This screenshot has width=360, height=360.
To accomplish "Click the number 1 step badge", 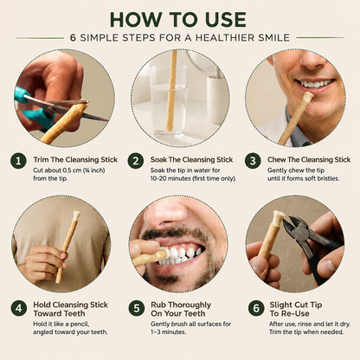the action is point(19,161).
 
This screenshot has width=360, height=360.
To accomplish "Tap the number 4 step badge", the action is point(19,308).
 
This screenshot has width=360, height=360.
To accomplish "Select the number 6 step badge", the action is point(256,308).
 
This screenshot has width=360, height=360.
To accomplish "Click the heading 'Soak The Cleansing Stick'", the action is point(191,159).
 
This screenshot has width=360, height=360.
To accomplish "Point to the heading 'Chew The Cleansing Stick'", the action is point(309,159).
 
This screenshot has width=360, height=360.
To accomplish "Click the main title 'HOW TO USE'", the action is point(178,20).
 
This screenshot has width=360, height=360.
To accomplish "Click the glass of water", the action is point(169,101).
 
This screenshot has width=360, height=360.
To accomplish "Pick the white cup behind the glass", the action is point(216,99).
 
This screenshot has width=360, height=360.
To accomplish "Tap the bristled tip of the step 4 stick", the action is point(76,215).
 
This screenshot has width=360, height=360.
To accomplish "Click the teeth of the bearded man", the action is point(183,256).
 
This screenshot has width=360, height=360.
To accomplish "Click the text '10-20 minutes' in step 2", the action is point(166,178).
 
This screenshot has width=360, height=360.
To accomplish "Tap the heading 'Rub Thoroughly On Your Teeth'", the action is point(181,309).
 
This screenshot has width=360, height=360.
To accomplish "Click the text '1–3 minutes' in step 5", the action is point(168,332).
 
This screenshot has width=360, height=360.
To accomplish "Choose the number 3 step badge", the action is point(253,161).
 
